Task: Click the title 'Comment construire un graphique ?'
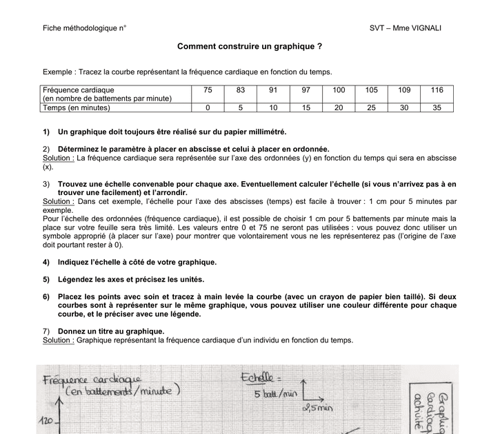tap(250, 47)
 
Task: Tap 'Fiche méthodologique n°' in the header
tap(84, 28)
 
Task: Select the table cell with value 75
tap(208, 90)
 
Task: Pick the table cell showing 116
tap(437, 90)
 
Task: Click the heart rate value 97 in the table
tap(306, 90)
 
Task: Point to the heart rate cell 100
tap(339, 90)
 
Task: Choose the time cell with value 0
tap(208, 107)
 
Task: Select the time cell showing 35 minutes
tap(437, 107)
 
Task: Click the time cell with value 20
tap(339, 107)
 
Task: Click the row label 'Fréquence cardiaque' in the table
tap(78, 90)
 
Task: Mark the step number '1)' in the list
tap(46, 132)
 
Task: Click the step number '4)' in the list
tap(46, 262)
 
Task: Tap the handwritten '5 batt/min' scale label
tap(273, 395)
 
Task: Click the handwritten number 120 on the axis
tap(46, 421)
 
